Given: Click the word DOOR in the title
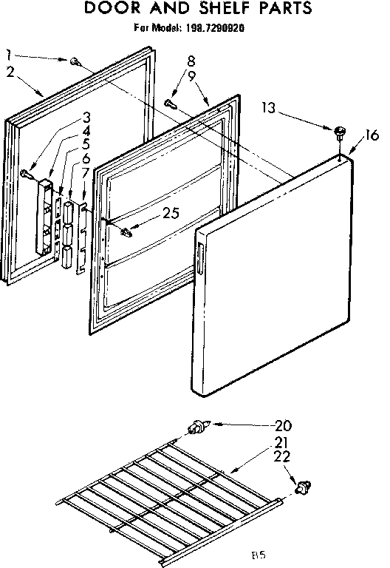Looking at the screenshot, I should pyautogui.click(x=116, y=10).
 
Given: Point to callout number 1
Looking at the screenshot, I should pyautogui.click(x=8, y=53).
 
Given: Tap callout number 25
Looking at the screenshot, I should pyautogui.click(x=171, y=215).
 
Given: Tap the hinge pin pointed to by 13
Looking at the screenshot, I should pyautogui.click(x=340, y=133).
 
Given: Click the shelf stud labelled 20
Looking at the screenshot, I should pyautogui.click(x=199, y=427).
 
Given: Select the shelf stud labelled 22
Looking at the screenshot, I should pyautogui.click(x=302, y=486).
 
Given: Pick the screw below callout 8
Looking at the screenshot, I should pyautogui.click(x=171, y=104).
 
